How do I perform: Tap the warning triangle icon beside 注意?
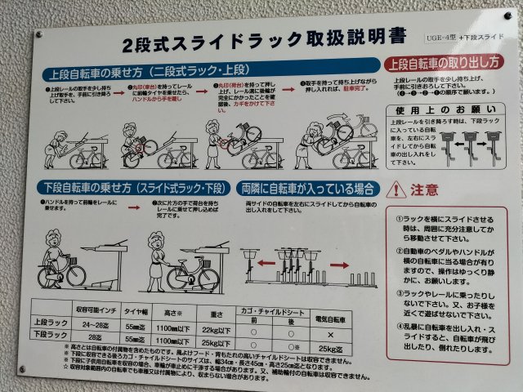(396, 189)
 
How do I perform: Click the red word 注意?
(426, 189)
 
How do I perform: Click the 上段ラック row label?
(50, 323)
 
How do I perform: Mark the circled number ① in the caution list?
(400, 219)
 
